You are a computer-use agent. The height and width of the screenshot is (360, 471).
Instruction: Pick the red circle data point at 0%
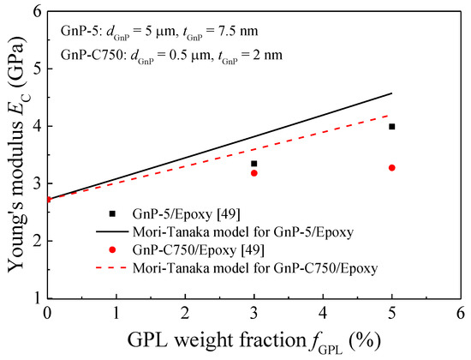[48, 200]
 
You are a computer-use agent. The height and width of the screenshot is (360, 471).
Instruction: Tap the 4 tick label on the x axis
[323, 313]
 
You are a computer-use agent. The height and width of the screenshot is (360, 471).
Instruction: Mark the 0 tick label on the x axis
[48, 313]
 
